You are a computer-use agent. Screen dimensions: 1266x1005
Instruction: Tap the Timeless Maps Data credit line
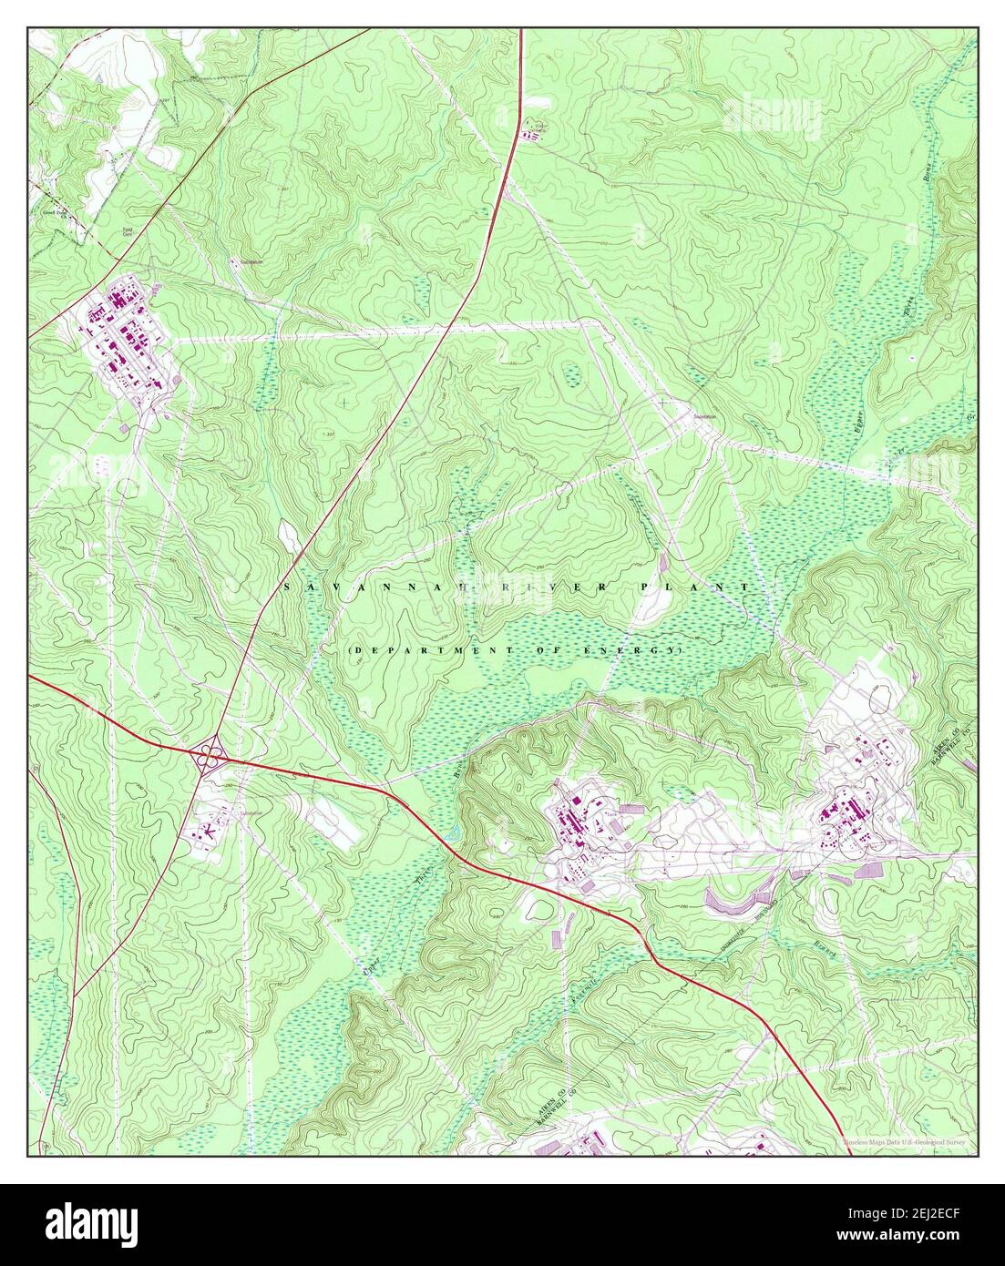pyautogui.click(x=908, y=1140)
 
